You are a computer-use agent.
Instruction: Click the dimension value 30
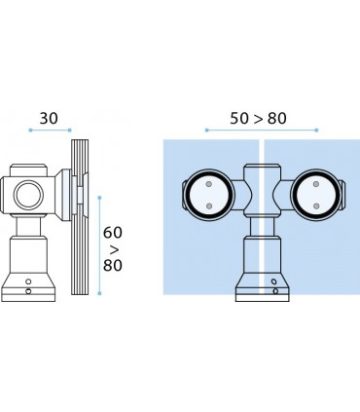(49, 119)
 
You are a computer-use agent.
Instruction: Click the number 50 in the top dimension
(239, 119)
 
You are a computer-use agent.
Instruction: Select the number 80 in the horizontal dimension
(277, 119)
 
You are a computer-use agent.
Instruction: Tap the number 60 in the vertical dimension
(113, 233)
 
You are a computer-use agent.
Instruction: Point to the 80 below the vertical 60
(113, 265)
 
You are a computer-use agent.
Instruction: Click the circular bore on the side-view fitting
(28, 195)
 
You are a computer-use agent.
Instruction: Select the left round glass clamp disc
(209, 195)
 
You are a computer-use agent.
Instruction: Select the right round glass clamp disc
(316, 195)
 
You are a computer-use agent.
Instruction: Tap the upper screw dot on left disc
(209, 184)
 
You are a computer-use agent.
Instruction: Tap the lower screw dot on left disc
(209, 206)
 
